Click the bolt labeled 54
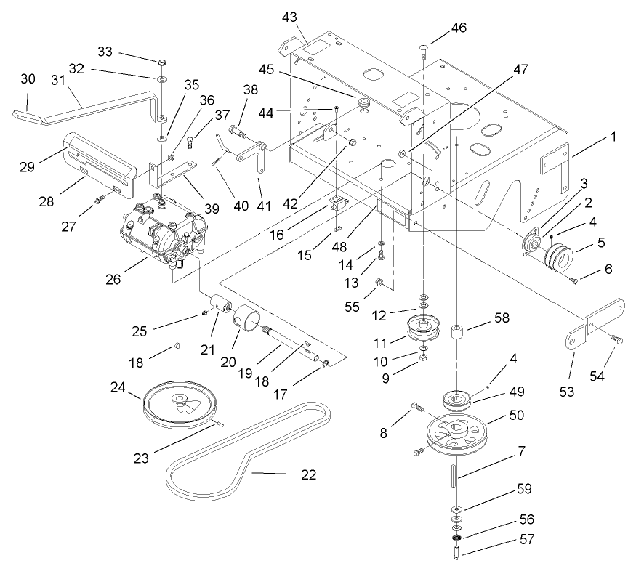615,339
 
